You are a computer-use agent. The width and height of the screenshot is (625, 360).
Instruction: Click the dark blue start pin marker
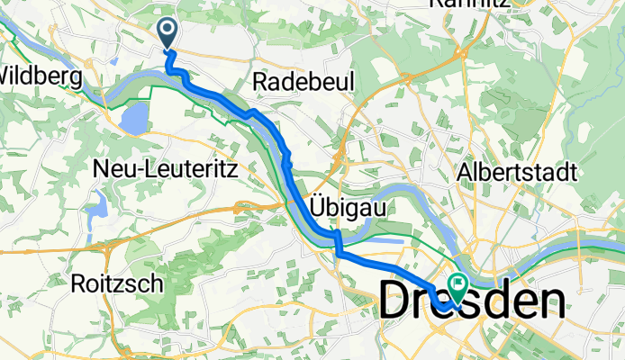tap(168, 32)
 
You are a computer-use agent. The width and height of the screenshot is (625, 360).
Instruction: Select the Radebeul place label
tap(304, 81)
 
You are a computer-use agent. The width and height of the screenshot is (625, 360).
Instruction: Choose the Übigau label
tap(349, 206)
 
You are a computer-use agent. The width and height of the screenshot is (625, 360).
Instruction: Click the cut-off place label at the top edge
tap(469, 4)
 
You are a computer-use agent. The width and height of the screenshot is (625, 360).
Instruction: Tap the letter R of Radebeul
tap(261, 82)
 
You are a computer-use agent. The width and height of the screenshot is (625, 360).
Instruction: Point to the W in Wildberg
tap(9, 74)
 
